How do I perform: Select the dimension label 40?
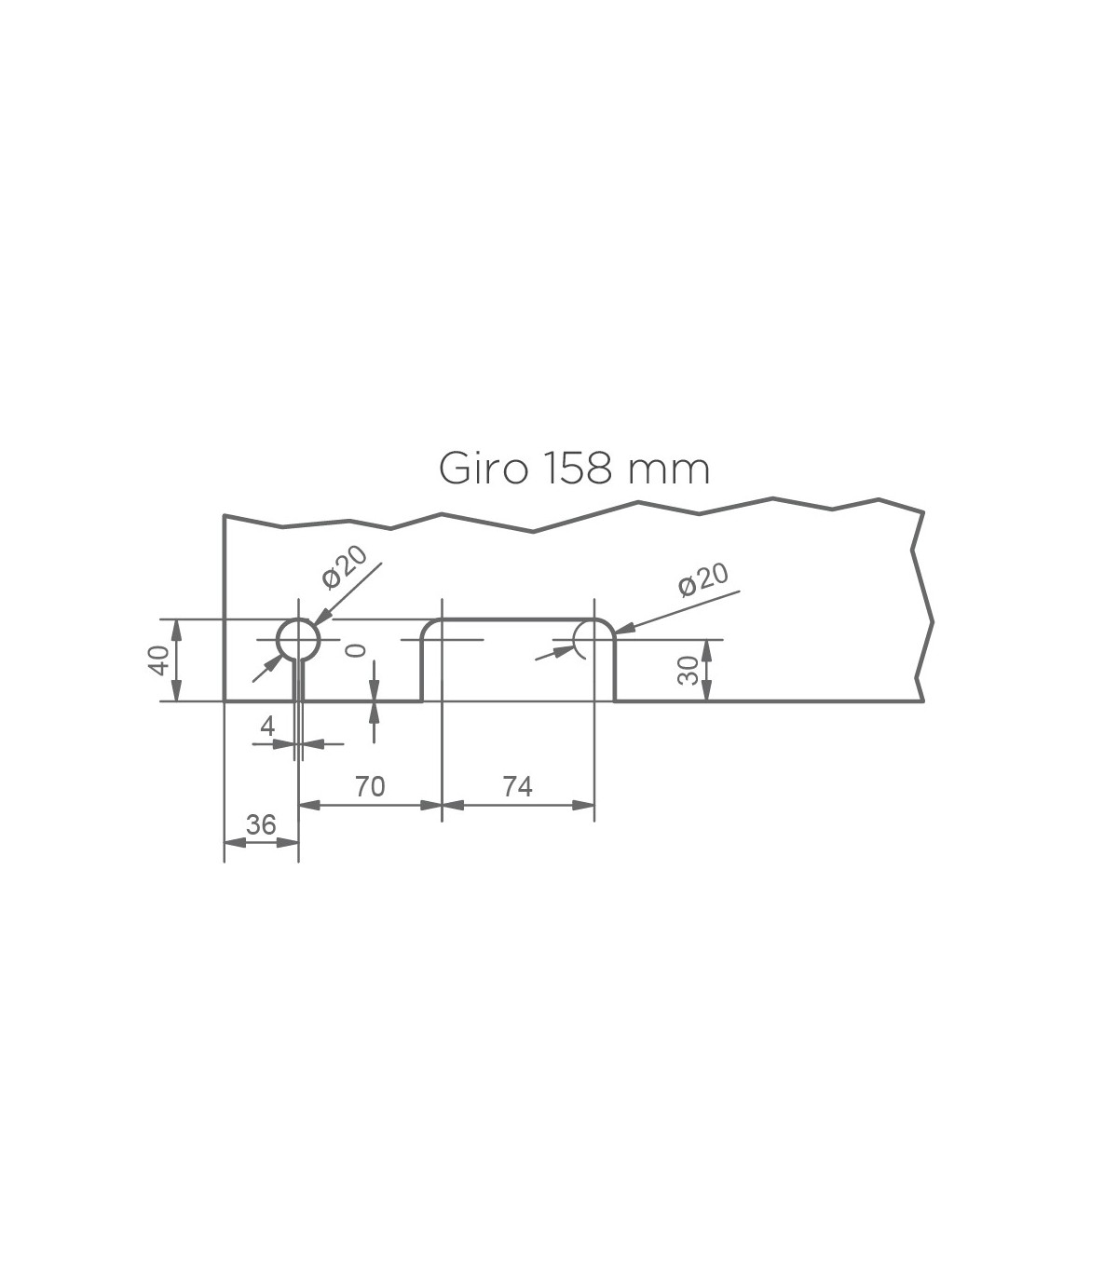tap(158, 660)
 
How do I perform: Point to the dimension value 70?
tap(370, 786)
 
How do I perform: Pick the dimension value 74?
tap(517, 786)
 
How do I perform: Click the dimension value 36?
tap(261, 825)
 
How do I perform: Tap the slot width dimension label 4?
tap(267, 726)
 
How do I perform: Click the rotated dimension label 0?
tap(356, 651)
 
